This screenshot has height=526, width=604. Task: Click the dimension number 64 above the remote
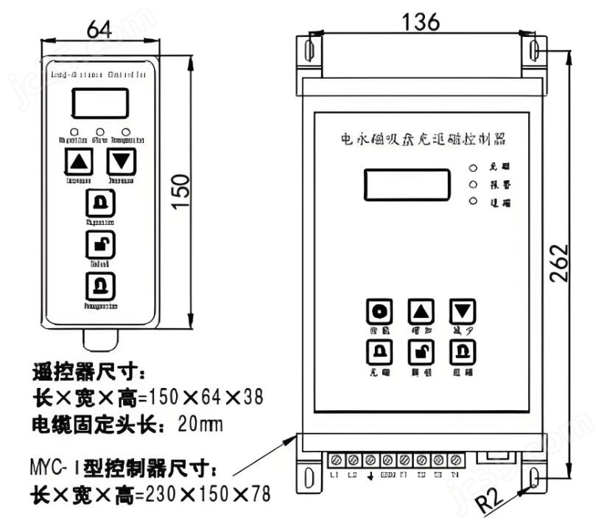tap(99, 30)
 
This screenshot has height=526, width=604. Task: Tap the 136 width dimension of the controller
tap(421, 22)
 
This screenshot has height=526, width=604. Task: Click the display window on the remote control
tap(100, 103)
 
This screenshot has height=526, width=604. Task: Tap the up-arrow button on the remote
tap(80, 161)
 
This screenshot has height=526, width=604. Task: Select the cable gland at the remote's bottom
tap(100, 339)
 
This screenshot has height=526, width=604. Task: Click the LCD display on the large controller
tap(407, 184)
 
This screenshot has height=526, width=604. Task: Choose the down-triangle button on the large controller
tap(463, 311)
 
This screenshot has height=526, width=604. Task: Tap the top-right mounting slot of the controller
tap(535, 50)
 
